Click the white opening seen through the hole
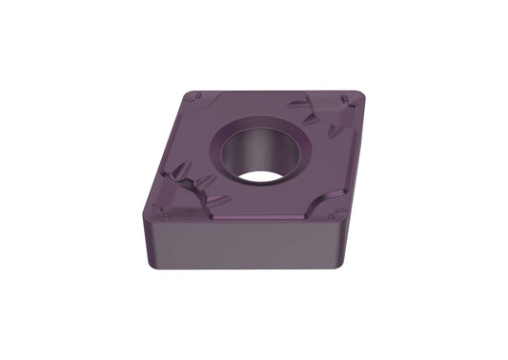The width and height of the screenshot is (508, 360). (263, 174)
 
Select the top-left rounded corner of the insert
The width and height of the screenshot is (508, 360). (192, 95)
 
